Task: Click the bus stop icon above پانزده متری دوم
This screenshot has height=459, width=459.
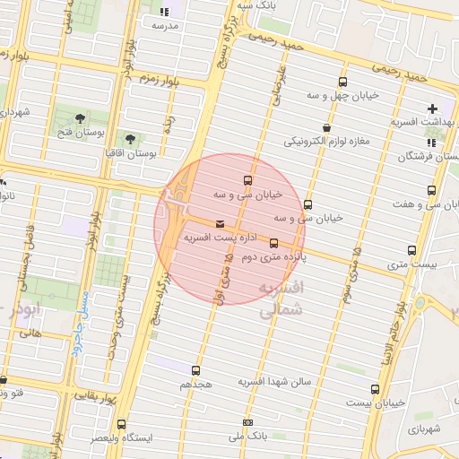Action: pyautogui.click(x=273, y=242)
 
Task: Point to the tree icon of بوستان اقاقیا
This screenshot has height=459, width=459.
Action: pyautogui.click(x=130, y=139)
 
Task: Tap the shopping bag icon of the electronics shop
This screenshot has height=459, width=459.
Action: pyautogui.click(x=325, y=127)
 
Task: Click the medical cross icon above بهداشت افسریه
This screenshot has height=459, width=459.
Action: pyautogui.click(x=433, y=108)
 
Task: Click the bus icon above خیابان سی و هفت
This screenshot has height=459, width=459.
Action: pyautogui.click(x=431, y=191)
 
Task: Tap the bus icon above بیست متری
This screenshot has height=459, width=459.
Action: pyautogui.click(x=412, y=250)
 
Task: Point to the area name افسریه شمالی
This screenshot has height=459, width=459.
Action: pyautogui.click(x=280, y=300)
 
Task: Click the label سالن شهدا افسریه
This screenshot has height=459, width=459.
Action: pyautogui.click(x=273, y=382)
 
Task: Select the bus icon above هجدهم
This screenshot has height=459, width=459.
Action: pyautogui.click(x=196, y=369)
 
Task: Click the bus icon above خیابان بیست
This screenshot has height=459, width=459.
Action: pyautogui.click(x=375, y=389)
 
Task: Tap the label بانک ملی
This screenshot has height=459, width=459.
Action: pyautogui.click(x=248, y=437)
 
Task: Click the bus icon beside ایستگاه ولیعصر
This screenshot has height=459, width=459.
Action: pyautogui.click(x=121, y=425)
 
